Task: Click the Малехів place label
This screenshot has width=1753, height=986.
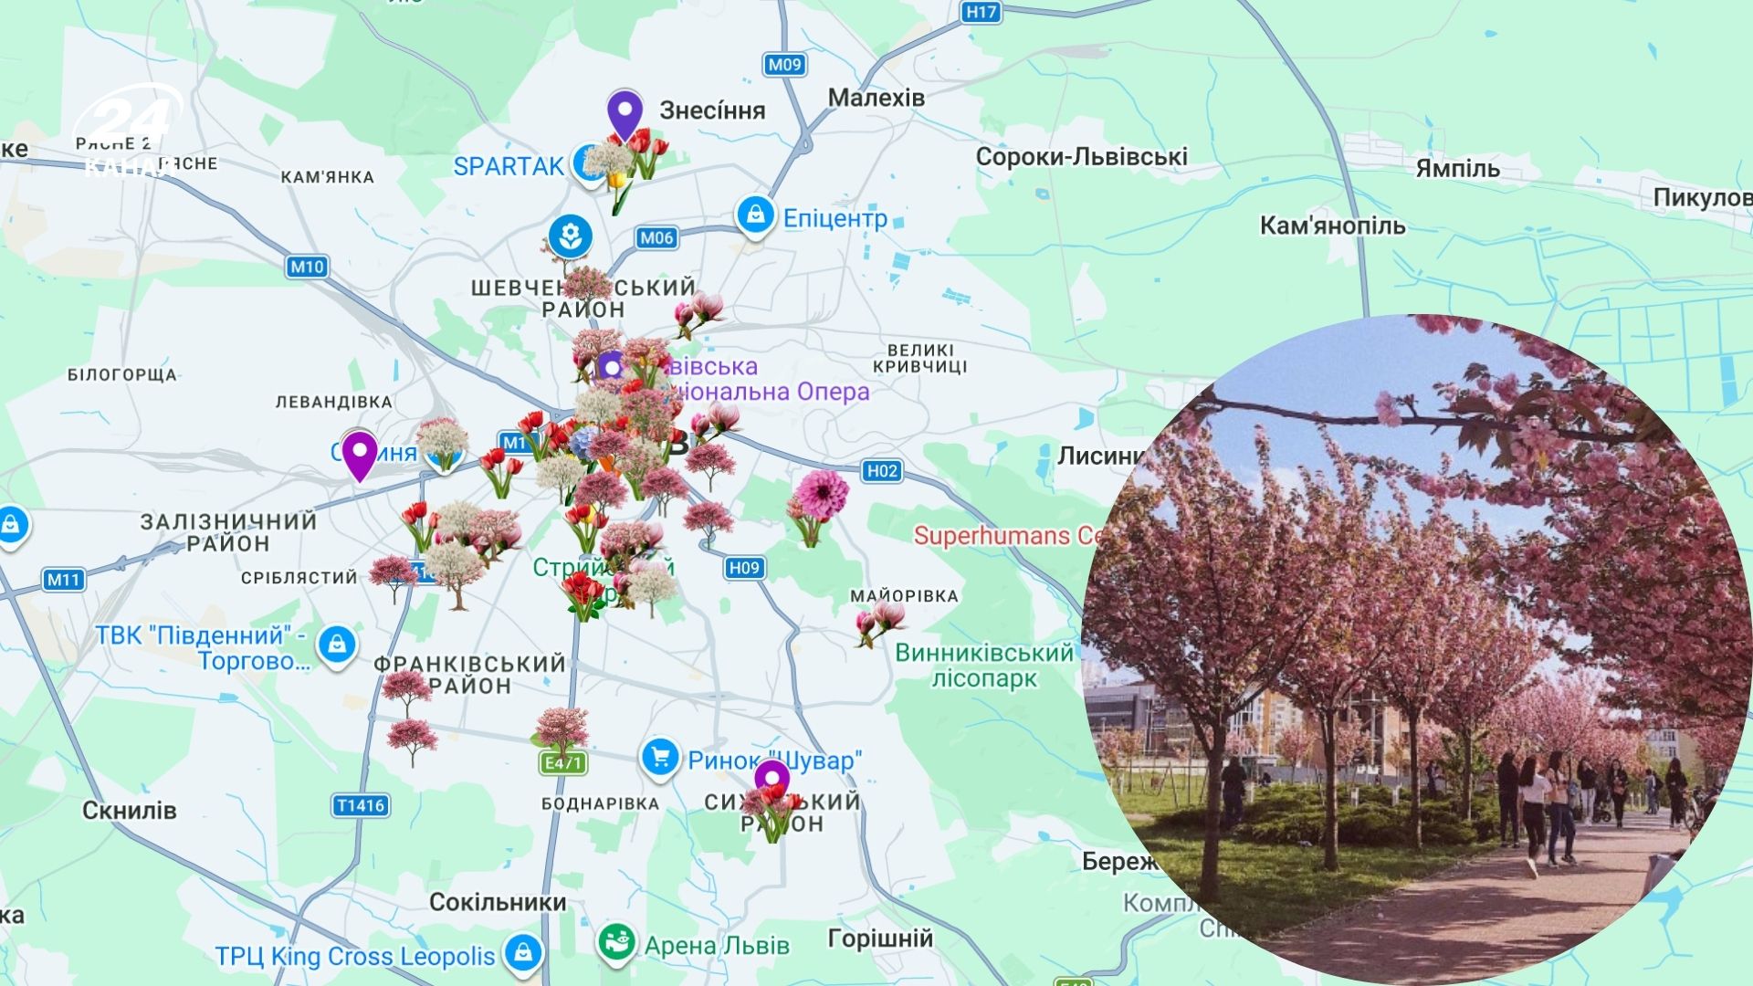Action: click(876, 98)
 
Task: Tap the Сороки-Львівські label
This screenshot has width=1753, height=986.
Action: click(1081, 157)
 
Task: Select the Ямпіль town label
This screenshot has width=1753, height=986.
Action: click(1457, 169)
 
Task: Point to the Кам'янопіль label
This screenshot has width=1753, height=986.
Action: click(1332, 226)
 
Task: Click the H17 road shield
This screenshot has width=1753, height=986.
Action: click(981, 11)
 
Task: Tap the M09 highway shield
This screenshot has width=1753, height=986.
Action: click(783, 64)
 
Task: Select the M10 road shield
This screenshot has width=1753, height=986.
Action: click(307, 267)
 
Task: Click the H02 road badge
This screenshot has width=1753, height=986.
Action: click(881, 471)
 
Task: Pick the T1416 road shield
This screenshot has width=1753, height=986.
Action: click(361, 805)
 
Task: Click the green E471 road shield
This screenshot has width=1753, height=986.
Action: click(562, 762)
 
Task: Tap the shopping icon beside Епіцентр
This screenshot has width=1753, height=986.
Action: click(755, 216)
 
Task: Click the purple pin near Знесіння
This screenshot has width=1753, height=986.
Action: click(625, 114)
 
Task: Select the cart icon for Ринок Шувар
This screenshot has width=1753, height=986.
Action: click(659, 758)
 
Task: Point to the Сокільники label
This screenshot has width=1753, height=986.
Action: click(498, 902)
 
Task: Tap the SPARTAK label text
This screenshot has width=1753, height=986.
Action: click(509, 166)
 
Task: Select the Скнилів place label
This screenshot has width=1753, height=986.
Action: click(129, 810)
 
